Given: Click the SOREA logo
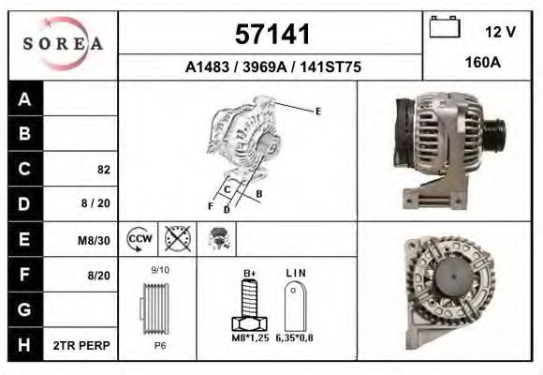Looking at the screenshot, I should (x=63, y=44).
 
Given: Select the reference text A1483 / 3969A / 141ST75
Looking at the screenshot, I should (x=271, y=67).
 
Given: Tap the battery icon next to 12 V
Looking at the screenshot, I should (x=443, y=29).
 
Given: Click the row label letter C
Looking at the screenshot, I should (x=24, y=169).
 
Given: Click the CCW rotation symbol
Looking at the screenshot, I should (x=139, y=239).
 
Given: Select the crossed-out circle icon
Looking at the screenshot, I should (x=176, y=239).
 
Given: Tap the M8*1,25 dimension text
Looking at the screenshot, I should (x=250, y=337).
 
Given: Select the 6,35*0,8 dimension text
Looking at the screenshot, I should (x=295, y=337).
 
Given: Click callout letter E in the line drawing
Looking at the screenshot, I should (x=317, y=112).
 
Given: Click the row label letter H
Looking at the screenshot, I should (x=24, y=346).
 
